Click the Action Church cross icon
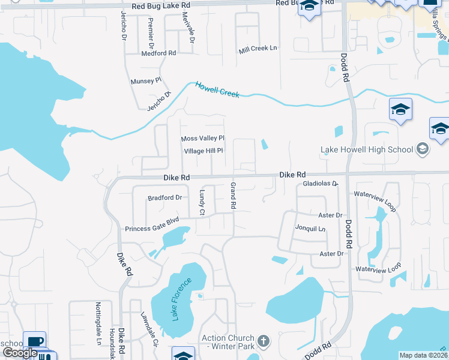coord(262,343)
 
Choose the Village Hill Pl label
coord(203,151)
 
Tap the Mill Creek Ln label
coord(258,49)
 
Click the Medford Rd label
coord(158,53)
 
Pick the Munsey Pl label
coord(146,80)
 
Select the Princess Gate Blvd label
coord(152,229)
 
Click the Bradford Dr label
coord(165,197)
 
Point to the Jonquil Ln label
coord(310,229)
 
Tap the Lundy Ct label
coord(202,203)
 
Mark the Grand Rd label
coord(233,196)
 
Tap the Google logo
coord(21,353)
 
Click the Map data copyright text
coord(423,355)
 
